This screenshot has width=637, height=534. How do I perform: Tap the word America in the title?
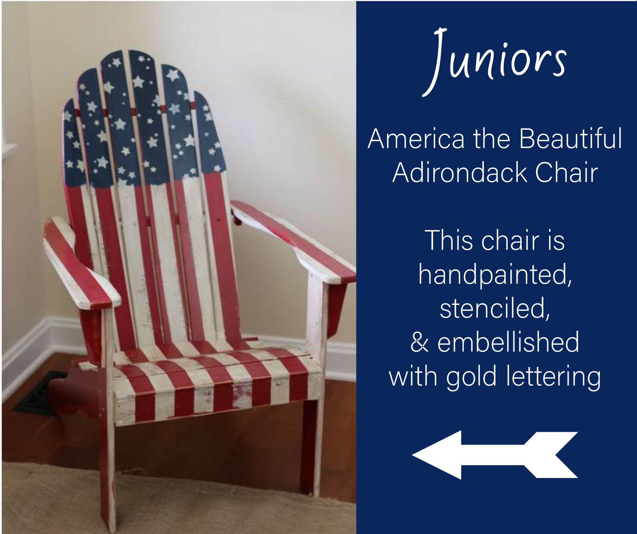click(x=416, y=139)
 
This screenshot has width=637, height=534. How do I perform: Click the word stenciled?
click(x=495, y=308)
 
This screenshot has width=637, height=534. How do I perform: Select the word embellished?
click(x=508, y=342)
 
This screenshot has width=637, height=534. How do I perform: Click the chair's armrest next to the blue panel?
click(x=293, y=241)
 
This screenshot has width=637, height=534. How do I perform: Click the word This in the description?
click(x=449, y=241)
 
